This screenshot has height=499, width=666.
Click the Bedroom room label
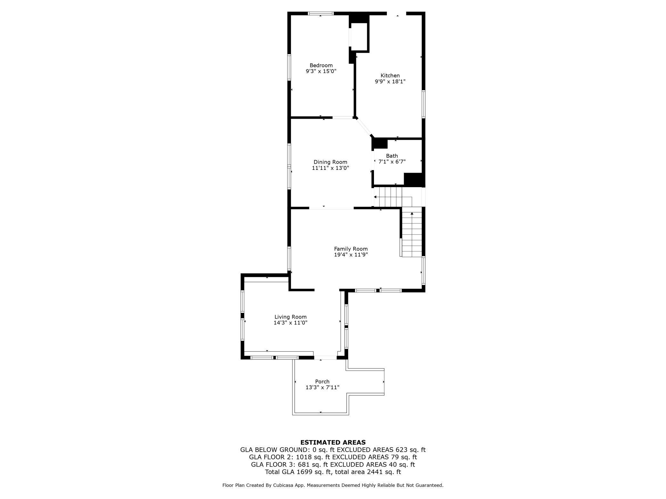pyautogui.click(x=321, y=65)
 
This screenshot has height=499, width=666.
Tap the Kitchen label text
pyautogui.click(x=390, y=75)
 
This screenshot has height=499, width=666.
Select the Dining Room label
pyautogui.click(x=330, y=162)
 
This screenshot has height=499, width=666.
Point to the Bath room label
pyautogui.click(x=392, y=156)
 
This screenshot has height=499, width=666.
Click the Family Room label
pyautogui.click(x=351, y=249)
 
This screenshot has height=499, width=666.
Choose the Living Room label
pyautogui.click(x=290, y=317)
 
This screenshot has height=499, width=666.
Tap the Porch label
pyautogui.click(x=322, y=381)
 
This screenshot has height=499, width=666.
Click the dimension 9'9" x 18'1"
pyautogui.click(x=390, y=82)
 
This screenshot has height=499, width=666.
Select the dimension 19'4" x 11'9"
pyautogui.click(x=351, y=255)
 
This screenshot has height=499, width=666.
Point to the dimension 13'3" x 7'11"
pyautogui.click(x=322, y=387)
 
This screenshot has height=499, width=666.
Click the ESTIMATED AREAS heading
pyautogui.click(x=333, y=442)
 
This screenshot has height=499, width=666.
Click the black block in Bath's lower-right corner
pyautogui.click(x=414, y=179)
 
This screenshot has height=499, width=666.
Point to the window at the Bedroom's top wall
pyautogui.click(x=321, y=13)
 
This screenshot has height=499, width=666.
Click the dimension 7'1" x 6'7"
pyautogui.click(x=392, y=162)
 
